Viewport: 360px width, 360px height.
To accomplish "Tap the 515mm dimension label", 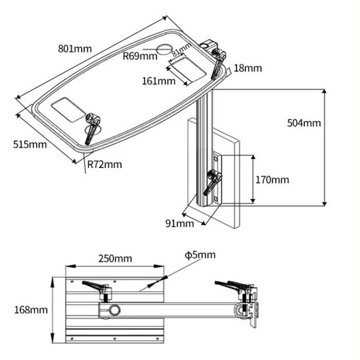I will point(29,144).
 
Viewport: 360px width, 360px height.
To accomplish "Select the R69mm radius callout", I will point(139,56).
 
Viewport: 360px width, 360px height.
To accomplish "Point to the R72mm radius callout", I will point(104,163).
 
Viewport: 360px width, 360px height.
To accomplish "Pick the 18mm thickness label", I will point(248,68).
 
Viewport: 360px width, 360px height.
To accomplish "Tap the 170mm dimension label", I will point(272,179).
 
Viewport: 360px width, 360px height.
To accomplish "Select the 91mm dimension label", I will point(180,224).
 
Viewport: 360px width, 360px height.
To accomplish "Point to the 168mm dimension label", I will point(30,310).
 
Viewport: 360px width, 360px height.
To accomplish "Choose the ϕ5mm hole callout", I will point(200,255).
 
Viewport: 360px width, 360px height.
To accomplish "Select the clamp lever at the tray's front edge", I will point(92,127).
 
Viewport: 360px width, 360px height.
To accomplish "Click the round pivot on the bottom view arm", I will point(112,310).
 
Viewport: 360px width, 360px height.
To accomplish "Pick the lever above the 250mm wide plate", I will point(98,286).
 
